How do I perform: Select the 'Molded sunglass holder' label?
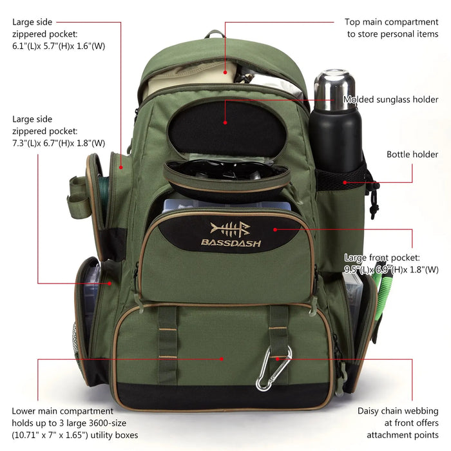coord(390,100)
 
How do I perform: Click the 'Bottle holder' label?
coord(412,155)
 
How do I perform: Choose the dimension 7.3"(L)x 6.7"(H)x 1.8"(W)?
coord(59,143)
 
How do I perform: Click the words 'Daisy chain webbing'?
coord(398,410)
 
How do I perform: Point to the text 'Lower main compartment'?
coord(62,410)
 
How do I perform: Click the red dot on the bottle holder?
coord(345,182)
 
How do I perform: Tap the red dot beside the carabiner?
coord(278,358)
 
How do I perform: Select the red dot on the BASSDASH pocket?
coord(275,229)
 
